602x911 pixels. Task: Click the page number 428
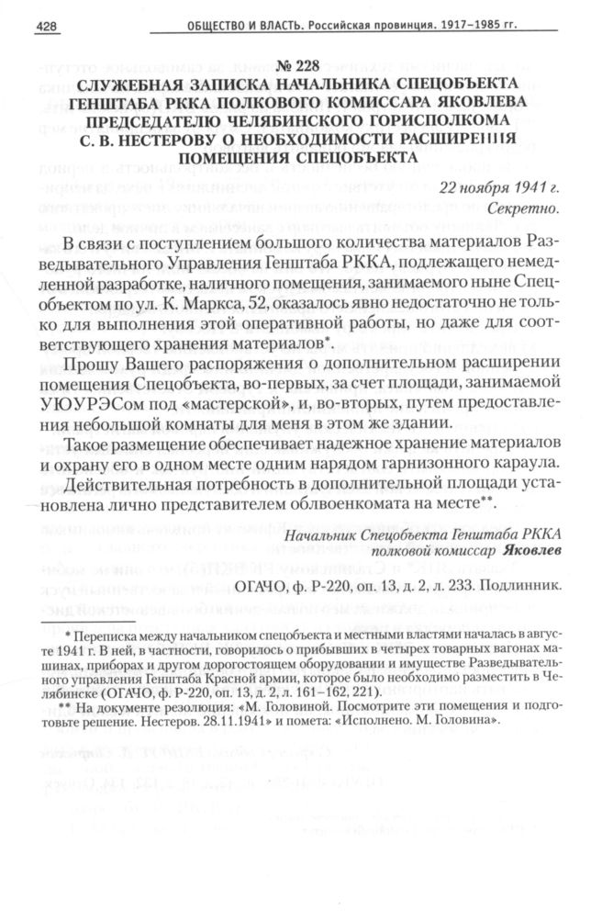point(47,28)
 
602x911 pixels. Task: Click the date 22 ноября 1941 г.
point(499,188)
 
